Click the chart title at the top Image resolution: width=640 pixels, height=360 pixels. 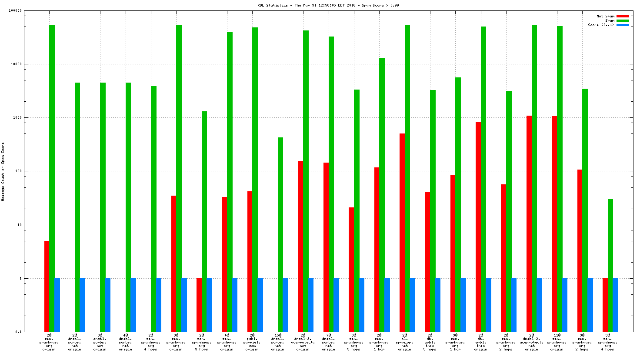pyautogui.click(x=328, y=5)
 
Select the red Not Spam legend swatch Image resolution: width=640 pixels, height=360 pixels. pyautogui.click(x=623, y=16)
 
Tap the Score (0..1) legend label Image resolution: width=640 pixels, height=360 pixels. pyautogui.click(x=601, y=25)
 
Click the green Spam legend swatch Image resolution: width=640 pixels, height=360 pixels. pyautogui.click(x=623, y=20)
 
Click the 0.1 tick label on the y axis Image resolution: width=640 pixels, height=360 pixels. pyautogui.click(x=19, y=332)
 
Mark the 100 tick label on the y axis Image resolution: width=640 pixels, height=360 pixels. pyautogui.click(x=18, y=171)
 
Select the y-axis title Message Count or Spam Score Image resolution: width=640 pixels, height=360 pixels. pyautogui.click(x=3, y=171)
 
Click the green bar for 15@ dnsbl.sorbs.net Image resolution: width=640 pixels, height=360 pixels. pyautogui.click(x=280, y=235)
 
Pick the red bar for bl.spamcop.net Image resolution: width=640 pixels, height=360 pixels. pyautogui.click(x=402, y=233)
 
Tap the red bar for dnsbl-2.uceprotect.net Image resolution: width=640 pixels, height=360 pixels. pyautogui.click(x=529, y=224)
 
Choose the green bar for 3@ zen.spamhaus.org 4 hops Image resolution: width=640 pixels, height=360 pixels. pyautogui.click(x=610, y=265)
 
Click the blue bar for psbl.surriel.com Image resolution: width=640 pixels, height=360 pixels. pyautogui.click(x=260, y=305)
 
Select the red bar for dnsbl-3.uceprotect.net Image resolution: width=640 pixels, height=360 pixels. pyautogui.click(x=300, y=246)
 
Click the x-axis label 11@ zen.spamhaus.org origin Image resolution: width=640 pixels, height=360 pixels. pyautogui.click(x=557, y=342)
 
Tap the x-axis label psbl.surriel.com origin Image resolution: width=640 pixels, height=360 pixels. pyautogui.click(x=252, y=342)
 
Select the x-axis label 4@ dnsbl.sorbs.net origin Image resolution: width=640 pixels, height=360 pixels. pyautogui.click(x=125, y=342)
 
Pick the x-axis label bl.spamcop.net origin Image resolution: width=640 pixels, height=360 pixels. pyautogui.click(x=404, y=342)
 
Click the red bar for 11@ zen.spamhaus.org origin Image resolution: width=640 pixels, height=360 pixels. pyautogui.click(x=554, y=224)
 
